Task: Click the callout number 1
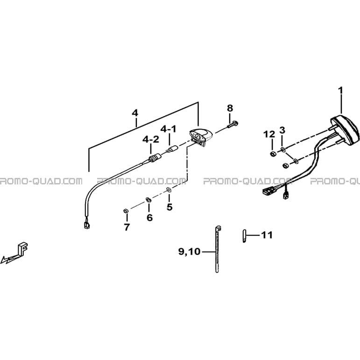click(341, 91)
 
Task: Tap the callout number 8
click(230, 108)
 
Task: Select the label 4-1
click(169, 129)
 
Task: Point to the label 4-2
click(151, 139)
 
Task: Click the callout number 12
click(269, 134)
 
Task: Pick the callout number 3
click(282, 130)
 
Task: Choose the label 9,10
click(190, 252)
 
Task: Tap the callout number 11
click(267, 235)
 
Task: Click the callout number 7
click(127, 227)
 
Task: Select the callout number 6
click(149, 218)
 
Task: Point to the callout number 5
click(169, 207)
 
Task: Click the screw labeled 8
click(233, 125)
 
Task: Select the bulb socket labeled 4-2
click(155, 158)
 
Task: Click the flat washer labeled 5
click(169, 190)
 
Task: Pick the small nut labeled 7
click(126, 210)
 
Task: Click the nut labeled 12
click(273, 154)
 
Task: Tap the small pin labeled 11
click(244, 236)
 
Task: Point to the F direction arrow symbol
click(14, 253)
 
